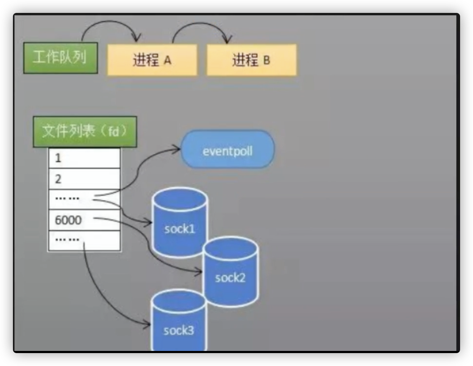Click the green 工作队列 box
[x=60, y=58]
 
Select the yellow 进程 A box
[x=152, y=60]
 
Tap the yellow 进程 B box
[x=251, y=60]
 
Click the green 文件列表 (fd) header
[x=85, y=131]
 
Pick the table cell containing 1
[x=84, y=158]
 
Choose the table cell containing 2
[x=84, y=179]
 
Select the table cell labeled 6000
[x=84, y=220]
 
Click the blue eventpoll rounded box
[x=228, y=150]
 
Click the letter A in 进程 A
[x=167, y=60]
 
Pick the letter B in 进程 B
[x=266, y=60]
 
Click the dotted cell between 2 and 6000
[x=84, y=199]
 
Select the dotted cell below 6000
[x=84, y=240]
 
